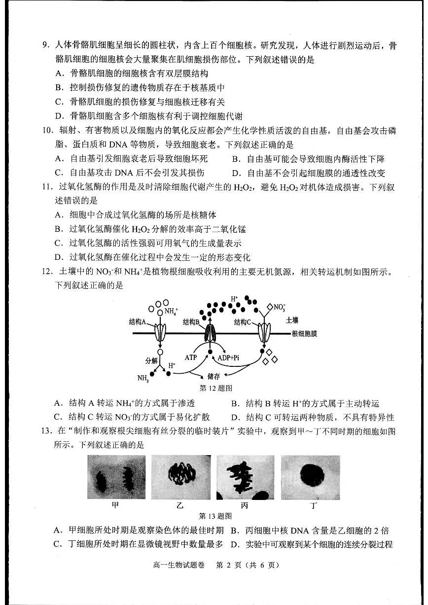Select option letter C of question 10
tap(59, 173)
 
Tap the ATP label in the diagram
tap(191, 356)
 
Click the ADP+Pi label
tap(233, 356)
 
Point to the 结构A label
tap(138, 321)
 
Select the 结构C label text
tap(243, 322)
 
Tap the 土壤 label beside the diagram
tap(292, 320)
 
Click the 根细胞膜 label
tap(304, 334)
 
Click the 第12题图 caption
tap(215, 389)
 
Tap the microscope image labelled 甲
tap(116, 477)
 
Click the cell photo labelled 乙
tap(180, 477)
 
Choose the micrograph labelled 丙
tap(245, 477)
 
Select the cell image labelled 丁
tap(310, 477)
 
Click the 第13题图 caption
tap(215, 516)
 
